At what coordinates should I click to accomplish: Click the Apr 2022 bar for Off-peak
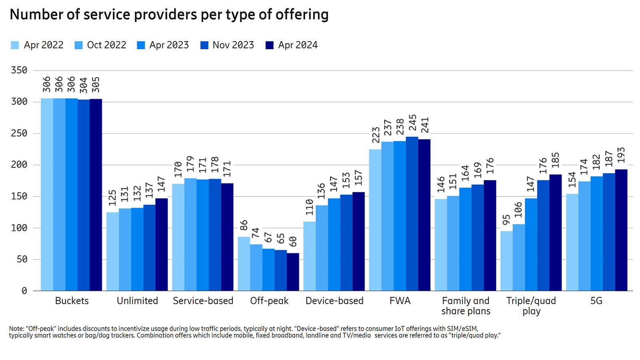pyautogui.click(x=244, y=264)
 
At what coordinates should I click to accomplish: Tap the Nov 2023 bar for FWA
pyautogui.click(x=412, y=214)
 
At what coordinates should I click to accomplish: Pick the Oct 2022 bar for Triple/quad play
pyautogui.click(x=519, y=258)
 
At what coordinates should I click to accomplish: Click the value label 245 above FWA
pyautogui.click(x=412, y=123)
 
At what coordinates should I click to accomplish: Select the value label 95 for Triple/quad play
pyautogui.click(x=506, y=220)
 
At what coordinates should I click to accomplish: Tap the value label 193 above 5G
pyautogui.click(x=621, y=155)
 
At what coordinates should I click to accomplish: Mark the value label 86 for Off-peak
pyautogui.click(x=244, y=225)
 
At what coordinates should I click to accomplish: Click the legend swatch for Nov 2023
pyautogui.click(x=204, y=45)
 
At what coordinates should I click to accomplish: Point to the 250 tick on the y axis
pyautogui.click(x=19, y=133)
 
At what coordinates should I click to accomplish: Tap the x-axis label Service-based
pyautogui.click(x=203, y=301)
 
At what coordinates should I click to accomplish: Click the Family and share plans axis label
pyautogui.click(x=466, y=306)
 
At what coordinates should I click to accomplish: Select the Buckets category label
pyautogui.click(x=72, y=301)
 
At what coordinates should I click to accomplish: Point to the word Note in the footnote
pyautogui.click(x=16, y=329)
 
